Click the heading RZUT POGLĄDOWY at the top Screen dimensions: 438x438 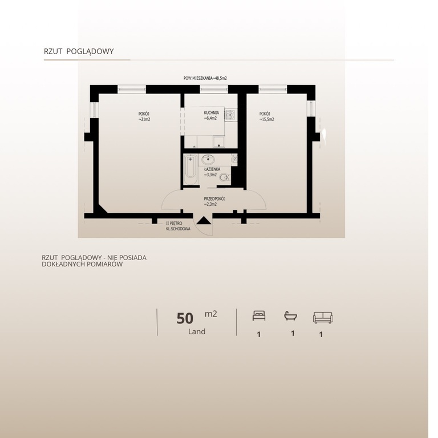[x=79, y=51]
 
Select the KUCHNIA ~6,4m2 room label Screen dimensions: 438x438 [x=212, y=116]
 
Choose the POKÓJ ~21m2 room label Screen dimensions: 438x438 [x=144, y=116]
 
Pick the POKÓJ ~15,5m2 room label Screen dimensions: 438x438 [x=266, y=116]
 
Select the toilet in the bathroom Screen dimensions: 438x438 [x=224, y=177]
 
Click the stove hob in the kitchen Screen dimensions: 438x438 [x=230, y=116]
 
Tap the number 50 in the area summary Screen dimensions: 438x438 [x=185, y=318]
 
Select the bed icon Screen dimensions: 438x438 [x=259, y=317]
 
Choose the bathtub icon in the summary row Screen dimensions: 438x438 [x=291, y=316]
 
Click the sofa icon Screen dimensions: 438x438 [x=322, y=317]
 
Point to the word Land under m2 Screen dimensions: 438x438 [x=197, y=331]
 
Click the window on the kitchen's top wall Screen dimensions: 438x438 [x=212, y=90]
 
